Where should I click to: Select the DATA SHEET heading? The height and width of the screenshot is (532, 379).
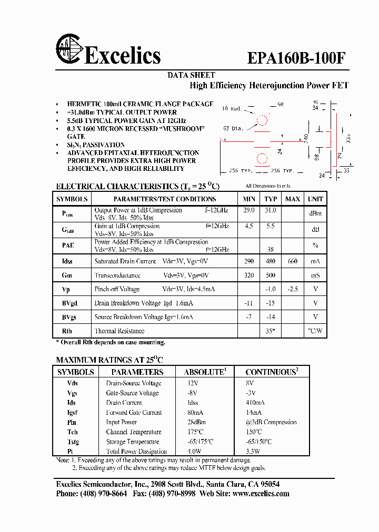click(x=191, y=75)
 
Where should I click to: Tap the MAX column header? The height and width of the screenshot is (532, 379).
click(x=293, y=199)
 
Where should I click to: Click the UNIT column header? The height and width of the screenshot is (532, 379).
click(x=315, y=199)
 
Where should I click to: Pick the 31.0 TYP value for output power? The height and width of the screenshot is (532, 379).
click(x=271, y=210)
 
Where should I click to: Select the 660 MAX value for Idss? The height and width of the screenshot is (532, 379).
click(x=293, y=261)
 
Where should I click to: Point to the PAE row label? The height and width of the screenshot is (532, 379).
click(x=68, y=245)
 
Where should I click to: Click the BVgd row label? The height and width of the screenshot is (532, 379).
click(x=69, y=303)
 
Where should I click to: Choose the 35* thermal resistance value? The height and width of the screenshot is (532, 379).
click(x=271, y=331)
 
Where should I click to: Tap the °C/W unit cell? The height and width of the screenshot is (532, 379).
click(x=315, y=331)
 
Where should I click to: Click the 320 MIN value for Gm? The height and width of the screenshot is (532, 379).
click(x=249, y=275)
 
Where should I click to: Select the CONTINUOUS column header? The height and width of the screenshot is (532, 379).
click(x=271, y=372)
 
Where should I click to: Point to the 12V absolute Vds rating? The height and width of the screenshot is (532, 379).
click(x=193, y=383)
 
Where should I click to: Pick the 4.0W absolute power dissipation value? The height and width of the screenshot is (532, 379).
click(x=194, y=451)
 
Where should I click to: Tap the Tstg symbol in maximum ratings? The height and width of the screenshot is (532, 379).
click(x=73, y=442)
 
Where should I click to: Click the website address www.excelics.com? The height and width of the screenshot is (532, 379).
click(x=261, y=494)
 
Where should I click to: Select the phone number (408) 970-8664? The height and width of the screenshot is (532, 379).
click(x=103, y=494)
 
